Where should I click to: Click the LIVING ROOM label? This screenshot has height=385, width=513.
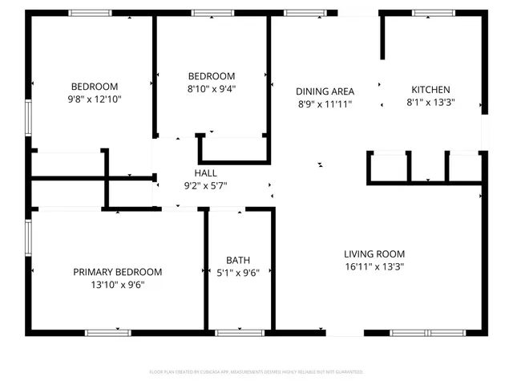click(374, 253)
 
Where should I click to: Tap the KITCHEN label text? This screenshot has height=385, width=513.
click(430, 90)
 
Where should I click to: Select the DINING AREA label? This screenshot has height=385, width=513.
click(325, 91)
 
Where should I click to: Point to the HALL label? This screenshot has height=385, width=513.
click(205, 173)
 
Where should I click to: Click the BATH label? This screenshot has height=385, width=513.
click(238, 260)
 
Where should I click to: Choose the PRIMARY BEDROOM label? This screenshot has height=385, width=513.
click(118, 272)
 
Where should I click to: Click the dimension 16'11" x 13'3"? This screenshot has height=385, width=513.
click(374, 266)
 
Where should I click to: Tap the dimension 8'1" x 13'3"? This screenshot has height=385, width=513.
click(430, 103)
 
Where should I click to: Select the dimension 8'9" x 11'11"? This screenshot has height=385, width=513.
click(325, 104)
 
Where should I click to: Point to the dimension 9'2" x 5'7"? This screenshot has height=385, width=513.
click(205, 186)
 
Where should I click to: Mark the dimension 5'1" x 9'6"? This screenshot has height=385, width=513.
click(238, 273)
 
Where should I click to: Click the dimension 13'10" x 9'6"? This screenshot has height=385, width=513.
click(118, 285)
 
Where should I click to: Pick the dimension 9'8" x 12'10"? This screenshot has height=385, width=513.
click(95, 99)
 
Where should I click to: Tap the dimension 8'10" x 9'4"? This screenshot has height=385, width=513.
click(212, 89)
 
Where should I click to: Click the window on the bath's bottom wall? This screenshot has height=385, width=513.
click(240, 332)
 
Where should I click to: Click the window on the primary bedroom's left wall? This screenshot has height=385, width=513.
click(29, 238)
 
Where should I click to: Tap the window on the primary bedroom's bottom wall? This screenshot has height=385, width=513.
click(108, 332)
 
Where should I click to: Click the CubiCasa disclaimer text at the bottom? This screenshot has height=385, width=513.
click(256, 372)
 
